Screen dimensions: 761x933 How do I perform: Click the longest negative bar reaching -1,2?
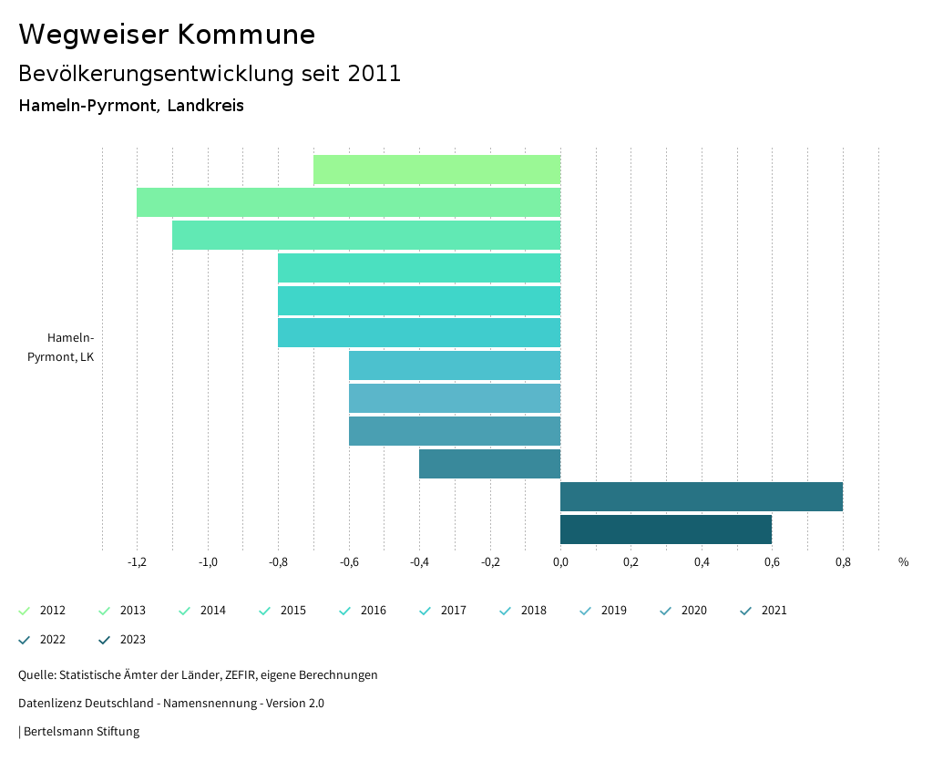348,202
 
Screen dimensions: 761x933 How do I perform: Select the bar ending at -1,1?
366,235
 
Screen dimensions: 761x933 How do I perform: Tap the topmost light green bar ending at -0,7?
436,170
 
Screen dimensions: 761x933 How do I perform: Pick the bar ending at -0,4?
489,464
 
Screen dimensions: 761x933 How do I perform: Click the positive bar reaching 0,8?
701,497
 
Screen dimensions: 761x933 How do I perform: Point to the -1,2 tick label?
137,562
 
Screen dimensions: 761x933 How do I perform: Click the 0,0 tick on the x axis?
560,562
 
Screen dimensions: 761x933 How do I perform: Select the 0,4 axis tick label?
702,562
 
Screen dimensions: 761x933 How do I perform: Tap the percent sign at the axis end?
903,562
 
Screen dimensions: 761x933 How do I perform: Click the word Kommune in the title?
246,35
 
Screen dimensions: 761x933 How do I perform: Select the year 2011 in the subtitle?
374,74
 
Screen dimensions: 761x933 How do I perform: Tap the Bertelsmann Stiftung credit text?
81,731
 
